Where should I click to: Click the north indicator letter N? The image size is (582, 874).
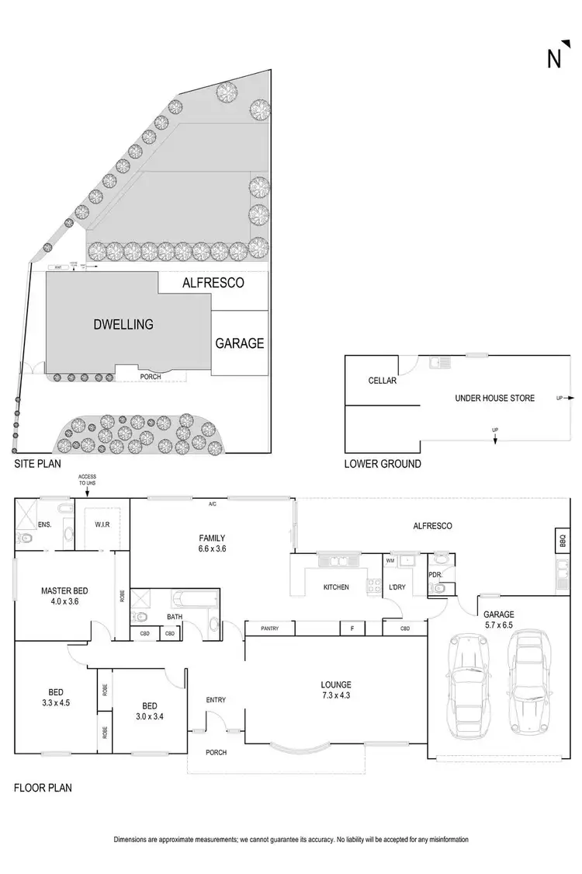(554, 59)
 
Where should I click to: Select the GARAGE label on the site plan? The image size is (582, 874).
(240, 343)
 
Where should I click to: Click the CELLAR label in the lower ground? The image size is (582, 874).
(383, 381)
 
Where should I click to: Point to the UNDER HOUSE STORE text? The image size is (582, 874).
(494, 398)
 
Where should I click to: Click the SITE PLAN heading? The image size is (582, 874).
(39, 464)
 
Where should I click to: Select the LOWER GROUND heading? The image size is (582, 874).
(383, 464)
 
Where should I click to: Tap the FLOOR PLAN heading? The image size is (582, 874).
(43, 788)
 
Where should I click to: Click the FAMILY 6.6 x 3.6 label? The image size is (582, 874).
(211, 543)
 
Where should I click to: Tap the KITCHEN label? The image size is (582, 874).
(336, 587)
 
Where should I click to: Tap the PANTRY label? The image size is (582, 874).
(269, 628)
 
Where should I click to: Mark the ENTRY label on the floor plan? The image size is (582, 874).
(216, 700)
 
